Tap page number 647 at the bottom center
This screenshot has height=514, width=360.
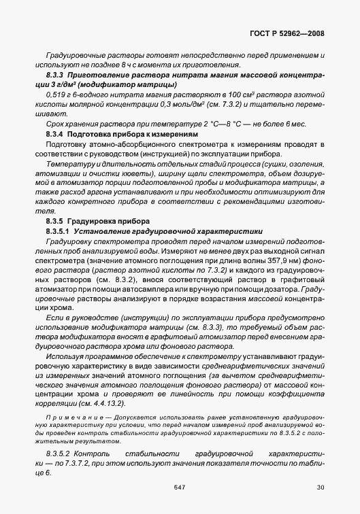coord(180,486)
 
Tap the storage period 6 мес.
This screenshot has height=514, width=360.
coord(288,126)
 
